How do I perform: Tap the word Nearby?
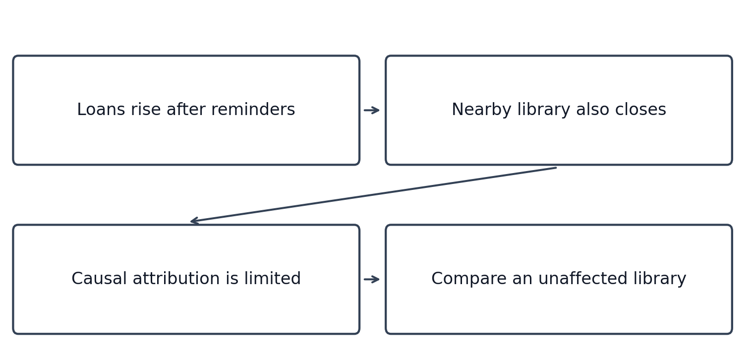(x=482, y=110)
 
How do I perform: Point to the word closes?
(x=640, y=110)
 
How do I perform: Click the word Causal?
(x=99, y=279)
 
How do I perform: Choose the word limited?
(x=272, y=279)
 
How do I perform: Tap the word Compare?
(x=469, y=279)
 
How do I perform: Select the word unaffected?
(x=583, y=279)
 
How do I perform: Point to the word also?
(x=593, y=110)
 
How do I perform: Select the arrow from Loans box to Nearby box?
(x=372, y=110)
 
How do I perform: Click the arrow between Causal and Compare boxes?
(x=372, y=279)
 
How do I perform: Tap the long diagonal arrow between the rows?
(x=373, y=195)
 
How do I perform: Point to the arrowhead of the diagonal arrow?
(x=191, y=221)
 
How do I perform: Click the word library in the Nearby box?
(x=544, y=110)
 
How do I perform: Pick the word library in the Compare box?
(x=660, y=279)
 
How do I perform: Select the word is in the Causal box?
(x=232, y=279)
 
